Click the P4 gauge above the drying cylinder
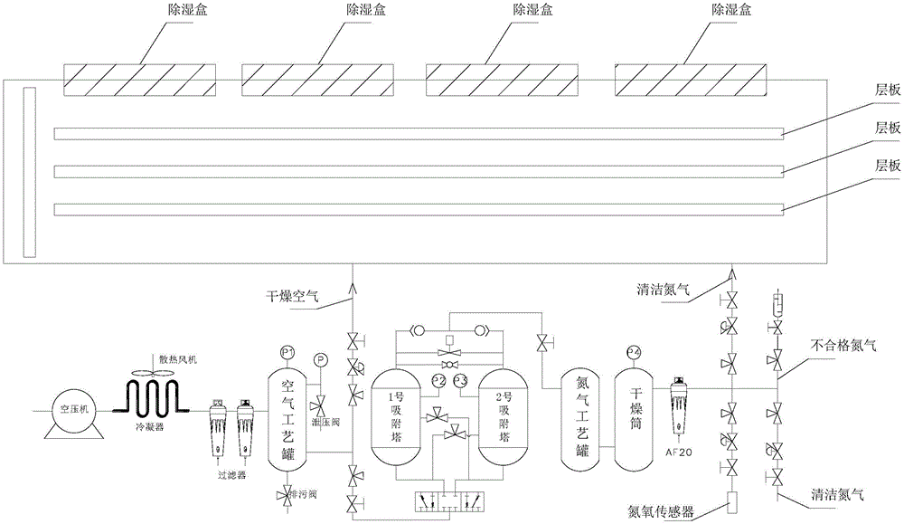click(x=632, y=351)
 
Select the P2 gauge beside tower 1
click(x=438, y=377)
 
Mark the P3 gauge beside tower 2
click(x=460, y=377)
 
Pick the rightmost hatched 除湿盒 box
click(x=689, y=80)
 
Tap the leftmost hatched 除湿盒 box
click(x=139, y=80)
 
